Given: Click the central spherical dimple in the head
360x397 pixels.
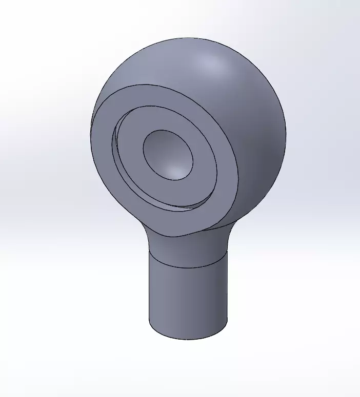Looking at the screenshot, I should tap(167, 154).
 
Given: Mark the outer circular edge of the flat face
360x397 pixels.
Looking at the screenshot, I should tap(238, 169).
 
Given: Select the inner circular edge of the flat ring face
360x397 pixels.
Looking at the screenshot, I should tap(216, 169).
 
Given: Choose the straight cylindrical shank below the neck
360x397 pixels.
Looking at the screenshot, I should tap(187, 297).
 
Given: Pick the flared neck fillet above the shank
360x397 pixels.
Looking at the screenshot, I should tap(187, 246).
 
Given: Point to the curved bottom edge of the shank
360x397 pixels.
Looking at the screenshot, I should tap(187, 339).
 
